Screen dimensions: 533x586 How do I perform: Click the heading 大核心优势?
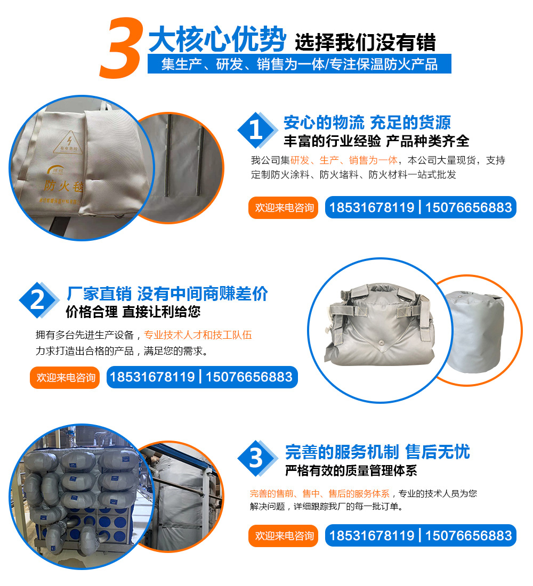217,39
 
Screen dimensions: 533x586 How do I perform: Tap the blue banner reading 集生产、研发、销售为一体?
299,64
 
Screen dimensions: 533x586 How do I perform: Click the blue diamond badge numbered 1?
257,130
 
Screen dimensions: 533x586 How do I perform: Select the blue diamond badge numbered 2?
38,300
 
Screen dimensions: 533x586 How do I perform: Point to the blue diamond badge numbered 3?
257,458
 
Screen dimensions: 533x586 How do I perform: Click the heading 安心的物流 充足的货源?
367,122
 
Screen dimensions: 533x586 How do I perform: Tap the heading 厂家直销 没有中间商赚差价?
167,294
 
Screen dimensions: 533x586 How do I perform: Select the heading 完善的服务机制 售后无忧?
377,452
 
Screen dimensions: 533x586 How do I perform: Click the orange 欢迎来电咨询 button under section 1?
283,207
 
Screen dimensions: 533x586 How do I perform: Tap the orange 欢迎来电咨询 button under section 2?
64,378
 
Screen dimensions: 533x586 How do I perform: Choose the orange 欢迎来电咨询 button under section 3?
283,536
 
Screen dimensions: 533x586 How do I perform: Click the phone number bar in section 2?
202,377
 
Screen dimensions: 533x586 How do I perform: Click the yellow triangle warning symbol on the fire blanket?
69,142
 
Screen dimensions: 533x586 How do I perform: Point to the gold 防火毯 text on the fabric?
63,186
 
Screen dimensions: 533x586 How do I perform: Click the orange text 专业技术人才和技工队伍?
198,335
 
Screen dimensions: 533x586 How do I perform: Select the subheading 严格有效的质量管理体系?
351,470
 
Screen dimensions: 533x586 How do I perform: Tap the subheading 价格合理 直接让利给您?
133,312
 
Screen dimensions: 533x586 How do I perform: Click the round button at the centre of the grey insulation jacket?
381,343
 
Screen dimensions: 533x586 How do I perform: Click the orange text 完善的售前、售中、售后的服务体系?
320,494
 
